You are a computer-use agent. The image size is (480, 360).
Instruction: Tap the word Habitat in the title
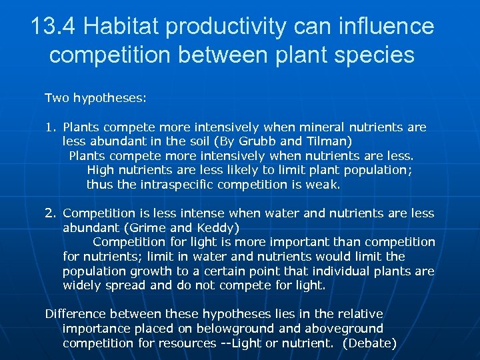coord(127,27)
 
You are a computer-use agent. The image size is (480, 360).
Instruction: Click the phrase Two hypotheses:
coord(95,98)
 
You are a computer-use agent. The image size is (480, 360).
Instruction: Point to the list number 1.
coord(49,127)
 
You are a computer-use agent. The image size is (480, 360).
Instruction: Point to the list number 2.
coord(50,213)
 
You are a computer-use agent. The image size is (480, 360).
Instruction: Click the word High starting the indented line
coord(100,170)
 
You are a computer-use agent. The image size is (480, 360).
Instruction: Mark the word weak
coord(323,185)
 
